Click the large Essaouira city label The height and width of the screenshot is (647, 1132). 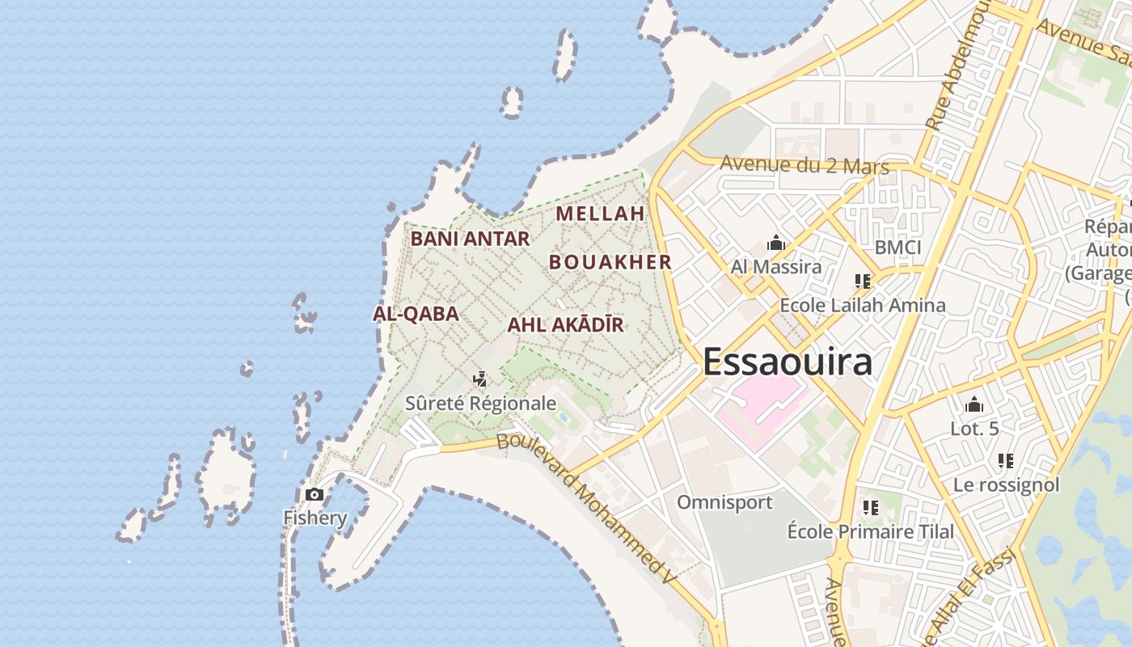(788, 362)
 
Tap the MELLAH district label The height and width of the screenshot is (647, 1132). (600, 214)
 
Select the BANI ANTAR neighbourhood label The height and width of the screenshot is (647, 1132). (470, 239)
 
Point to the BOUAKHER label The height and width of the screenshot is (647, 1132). (610, 262)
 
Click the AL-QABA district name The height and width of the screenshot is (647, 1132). (416, 314)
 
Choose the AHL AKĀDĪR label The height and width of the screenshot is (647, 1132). (565, 325)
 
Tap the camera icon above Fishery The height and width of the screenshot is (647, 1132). (314, 494)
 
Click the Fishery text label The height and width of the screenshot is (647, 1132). (315, 518)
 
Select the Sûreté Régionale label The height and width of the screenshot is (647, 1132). (480, 403)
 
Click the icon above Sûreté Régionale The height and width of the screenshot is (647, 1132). (480, 378)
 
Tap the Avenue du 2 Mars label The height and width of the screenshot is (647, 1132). (804, 165)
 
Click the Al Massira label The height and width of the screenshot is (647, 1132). (775, 267)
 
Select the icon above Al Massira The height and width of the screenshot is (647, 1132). (776, 243)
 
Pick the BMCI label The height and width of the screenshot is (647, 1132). (898, 247)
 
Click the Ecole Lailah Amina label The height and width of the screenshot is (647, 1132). (862, 306)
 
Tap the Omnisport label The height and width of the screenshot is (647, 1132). (724, 502)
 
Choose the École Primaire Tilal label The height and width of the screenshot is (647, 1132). (870, 531)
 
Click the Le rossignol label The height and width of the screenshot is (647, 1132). (1006, 484)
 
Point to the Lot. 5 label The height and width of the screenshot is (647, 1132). (974, 429)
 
